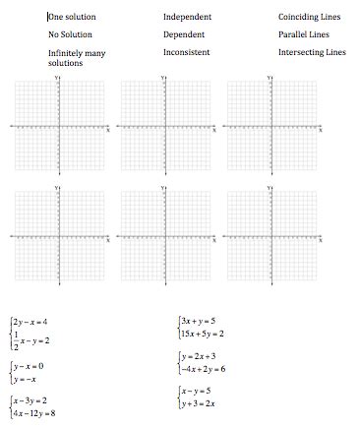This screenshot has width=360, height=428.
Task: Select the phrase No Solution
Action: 70,34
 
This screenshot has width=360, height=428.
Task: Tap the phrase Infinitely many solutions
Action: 76,57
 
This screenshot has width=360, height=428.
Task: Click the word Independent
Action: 188,17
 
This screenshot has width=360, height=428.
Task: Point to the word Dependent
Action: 185,34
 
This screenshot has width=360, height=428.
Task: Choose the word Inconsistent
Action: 187,51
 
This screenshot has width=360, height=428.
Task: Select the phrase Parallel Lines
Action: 303,34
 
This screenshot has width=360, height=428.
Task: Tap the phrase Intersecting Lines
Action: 312,51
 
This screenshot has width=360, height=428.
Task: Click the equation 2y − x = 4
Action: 30,322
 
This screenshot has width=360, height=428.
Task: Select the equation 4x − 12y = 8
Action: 33,413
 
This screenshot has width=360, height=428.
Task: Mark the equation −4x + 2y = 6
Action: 203,369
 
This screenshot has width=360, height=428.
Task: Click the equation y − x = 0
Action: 29,365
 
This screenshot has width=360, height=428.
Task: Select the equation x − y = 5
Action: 195,390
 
